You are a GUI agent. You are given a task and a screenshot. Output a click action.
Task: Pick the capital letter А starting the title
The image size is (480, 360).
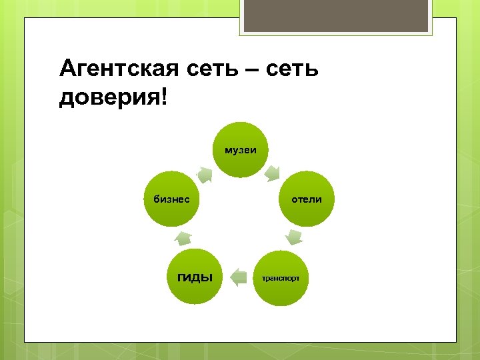(68, 68)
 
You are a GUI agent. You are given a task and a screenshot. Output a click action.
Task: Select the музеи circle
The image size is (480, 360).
(240, 150)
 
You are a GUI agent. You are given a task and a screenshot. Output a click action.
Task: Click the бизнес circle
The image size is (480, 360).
(172, 199)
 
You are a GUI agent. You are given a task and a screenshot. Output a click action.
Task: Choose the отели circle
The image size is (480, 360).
(307, 199)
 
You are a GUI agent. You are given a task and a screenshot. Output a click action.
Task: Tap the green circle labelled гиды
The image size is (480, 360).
(194, 276)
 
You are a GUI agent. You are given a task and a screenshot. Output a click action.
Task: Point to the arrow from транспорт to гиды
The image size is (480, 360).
(237, 277)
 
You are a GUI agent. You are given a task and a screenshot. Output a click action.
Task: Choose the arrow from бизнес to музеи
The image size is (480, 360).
(205, 175)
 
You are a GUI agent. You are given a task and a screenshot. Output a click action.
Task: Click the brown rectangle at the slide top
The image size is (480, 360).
(337, 17)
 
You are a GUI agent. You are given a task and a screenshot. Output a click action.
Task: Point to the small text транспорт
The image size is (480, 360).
(281, 277)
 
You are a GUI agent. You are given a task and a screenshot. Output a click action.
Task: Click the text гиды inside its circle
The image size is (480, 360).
(194, 277)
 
